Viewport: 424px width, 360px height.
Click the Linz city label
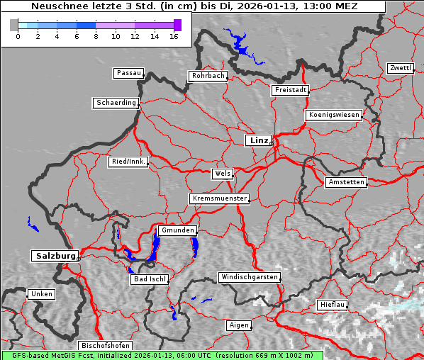258,140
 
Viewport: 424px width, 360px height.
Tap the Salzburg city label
54,256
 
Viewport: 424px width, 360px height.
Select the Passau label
128,73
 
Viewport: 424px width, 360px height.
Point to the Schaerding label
116,103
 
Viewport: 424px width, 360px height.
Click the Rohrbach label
207,76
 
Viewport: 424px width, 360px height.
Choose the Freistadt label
290,90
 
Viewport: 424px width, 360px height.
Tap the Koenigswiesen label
334,115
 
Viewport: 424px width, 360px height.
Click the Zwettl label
400,68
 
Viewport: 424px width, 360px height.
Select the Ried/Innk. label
128,162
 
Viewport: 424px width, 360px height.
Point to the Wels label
222,174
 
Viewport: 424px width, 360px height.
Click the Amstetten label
346,182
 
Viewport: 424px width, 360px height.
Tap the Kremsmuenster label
220,198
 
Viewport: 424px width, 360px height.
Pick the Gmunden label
177,230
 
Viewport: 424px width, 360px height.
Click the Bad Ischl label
149,279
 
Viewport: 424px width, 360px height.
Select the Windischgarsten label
248,277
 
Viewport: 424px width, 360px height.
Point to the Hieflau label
333,305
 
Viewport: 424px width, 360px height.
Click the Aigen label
239,325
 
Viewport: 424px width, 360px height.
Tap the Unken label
41,294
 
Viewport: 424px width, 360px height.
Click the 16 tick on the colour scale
174,36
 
